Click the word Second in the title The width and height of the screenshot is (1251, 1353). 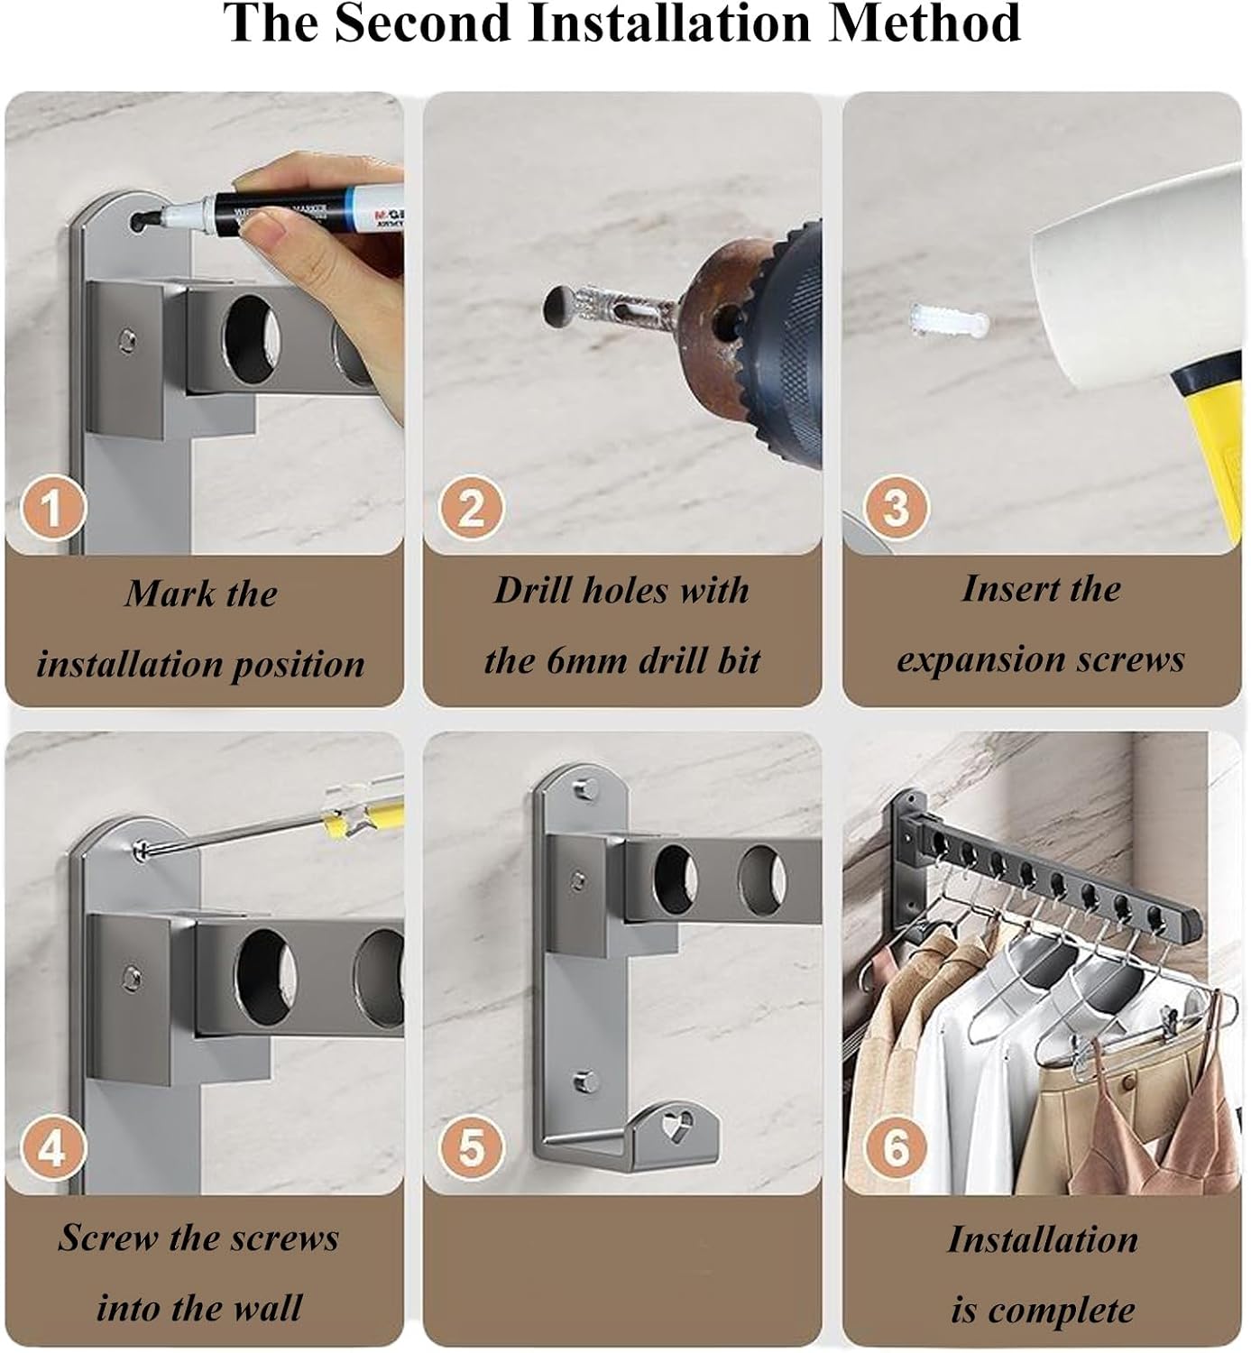[425, 23]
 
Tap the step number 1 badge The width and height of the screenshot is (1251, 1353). [52, 508]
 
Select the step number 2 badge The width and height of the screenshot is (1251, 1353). [472, 508]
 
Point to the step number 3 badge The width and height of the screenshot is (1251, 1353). [896, 508]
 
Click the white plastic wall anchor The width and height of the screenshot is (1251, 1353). [949, 320]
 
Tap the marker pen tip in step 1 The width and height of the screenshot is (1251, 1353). [144, 220]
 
